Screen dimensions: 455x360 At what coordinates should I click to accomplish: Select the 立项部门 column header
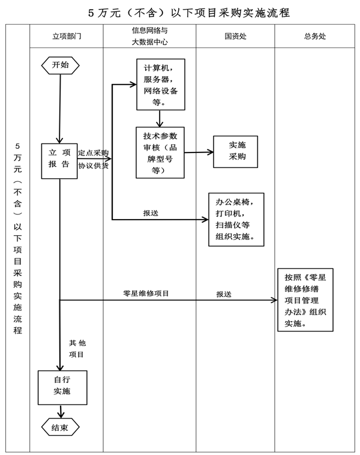coord(66,36)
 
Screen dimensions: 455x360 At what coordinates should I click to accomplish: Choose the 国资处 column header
coord(235,36)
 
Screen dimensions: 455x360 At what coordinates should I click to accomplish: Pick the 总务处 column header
coord(315,36)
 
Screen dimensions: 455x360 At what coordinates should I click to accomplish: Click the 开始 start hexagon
coord(60,65)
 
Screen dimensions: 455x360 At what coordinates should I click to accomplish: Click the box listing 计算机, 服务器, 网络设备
coord(160,84)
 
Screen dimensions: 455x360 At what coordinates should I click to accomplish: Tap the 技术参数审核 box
coord(160,152)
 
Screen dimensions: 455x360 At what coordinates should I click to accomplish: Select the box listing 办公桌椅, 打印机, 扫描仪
coord(236,220)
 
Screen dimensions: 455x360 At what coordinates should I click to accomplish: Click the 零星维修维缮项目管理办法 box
coord(305,298)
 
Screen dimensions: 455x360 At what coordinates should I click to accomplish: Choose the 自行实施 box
coord(62,386)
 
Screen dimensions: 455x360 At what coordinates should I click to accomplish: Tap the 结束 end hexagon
coord(60,427)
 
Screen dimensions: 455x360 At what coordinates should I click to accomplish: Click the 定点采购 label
coord(93,152)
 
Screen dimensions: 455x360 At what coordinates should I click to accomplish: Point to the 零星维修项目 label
coord(146,294)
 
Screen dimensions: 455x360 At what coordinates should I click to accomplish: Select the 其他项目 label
coord(77,349)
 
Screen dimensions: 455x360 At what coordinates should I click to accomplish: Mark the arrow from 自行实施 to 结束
coord(61,411)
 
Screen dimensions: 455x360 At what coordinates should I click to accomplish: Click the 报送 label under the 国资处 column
coord(224,294)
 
